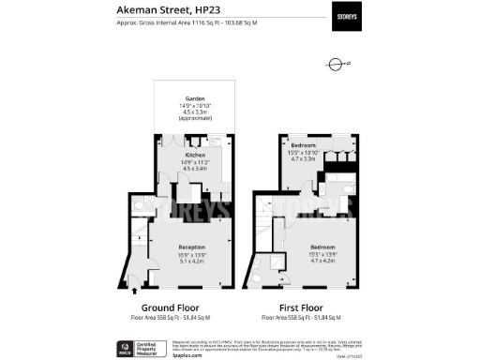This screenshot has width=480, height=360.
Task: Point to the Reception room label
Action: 190,248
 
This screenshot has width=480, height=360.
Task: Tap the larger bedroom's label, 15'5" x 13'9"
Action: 321,248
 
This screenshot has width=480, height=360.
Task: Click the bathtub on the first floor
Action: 335,176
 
